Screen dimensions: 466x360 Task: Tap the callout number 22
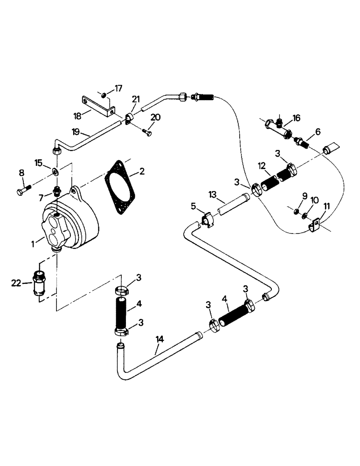tap(15, 282)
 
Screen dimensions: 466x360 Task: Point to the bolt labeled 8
tap(23, 191)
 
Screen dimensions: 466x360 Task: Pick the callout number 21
tap(135, 99)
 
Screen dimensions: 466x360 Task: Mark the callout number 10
tap(314, 200)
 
